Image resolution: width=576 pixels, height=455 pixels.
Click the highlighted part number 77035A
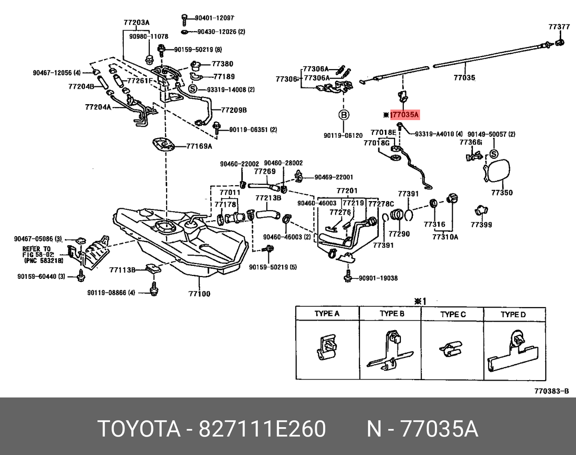click(x=405, y=115)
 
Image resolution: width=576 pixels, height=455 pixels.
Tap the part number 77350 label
click(x=502, y=193)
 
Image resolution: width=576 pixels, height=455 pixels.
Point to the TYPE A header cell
click(x=326, y=314)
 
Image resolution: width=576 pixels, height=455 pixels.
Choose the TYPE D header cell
click(x=514, y=314)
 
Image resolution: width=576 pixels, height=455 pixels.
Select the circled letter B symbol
click(x=344, y=115)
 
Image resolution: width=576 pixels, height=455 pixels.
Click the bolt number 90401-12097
click(x=214, y=18)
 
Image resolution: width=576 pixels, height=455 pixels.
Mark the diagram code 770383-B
click(x=551, y=391)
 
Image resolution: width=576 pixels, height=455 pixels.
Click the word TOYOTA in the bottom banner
click(x=137, y=429)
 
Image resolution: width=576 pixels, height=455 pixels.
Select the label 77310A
click(x=444, y=237)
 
